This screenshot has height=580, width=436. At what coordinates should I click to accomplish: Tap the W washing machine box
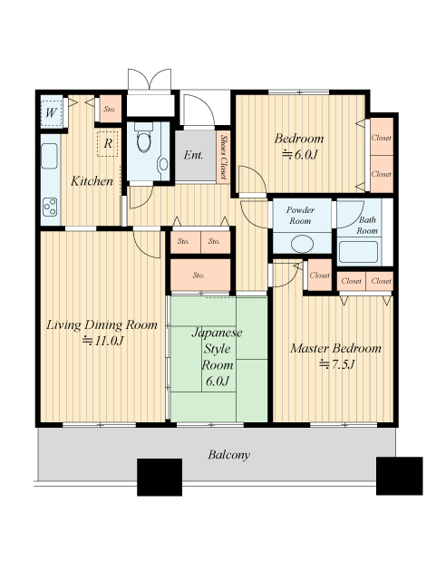click(51, 111)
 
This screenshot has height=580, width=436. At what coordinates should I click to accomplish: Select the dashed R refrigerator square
click(108, 143)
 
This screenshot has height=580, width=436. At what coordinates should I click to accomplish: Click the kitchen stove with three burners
click(50, 207)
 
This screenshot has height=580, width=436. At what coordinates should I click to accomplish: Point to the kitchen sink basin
click(50, 155)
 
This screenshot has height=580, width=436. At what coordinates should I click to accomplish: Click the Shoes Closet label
click(224, 157)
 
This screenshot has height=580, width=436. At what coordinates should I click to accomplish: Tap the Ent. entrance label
click(194, 155)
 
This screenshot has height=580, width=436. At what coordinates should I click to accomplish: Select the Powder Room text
click(300, 216)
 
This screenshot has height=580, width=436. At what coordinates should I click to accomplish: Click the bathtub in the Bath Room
click(358, 252)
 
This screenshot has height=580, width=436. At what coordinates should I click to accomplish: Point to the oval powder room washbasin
click(302, 244)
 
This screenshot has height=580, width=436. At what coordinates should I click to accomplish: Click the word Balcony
click(228, 455)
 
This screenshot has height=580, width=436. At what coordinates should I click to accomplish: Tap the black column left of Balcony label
click(160, 478)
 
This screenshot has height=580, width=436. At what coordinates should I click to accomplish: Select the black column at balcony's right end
click(400, 476)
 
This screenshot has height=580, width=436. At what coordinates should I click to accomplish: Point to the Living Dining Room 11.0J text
click(102, 333)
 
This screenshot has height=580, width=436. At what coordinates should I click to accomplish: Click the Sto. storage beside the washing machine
click(111, 109)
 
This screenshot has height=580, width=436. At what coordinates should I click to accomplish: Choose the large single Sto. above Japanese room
click(200, 275)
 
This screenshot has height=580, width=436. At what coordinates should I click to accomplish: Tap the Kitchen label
click(92, 181)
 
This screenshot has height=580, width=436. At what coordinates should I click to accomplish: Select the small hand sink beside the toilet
click(162, 164)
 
